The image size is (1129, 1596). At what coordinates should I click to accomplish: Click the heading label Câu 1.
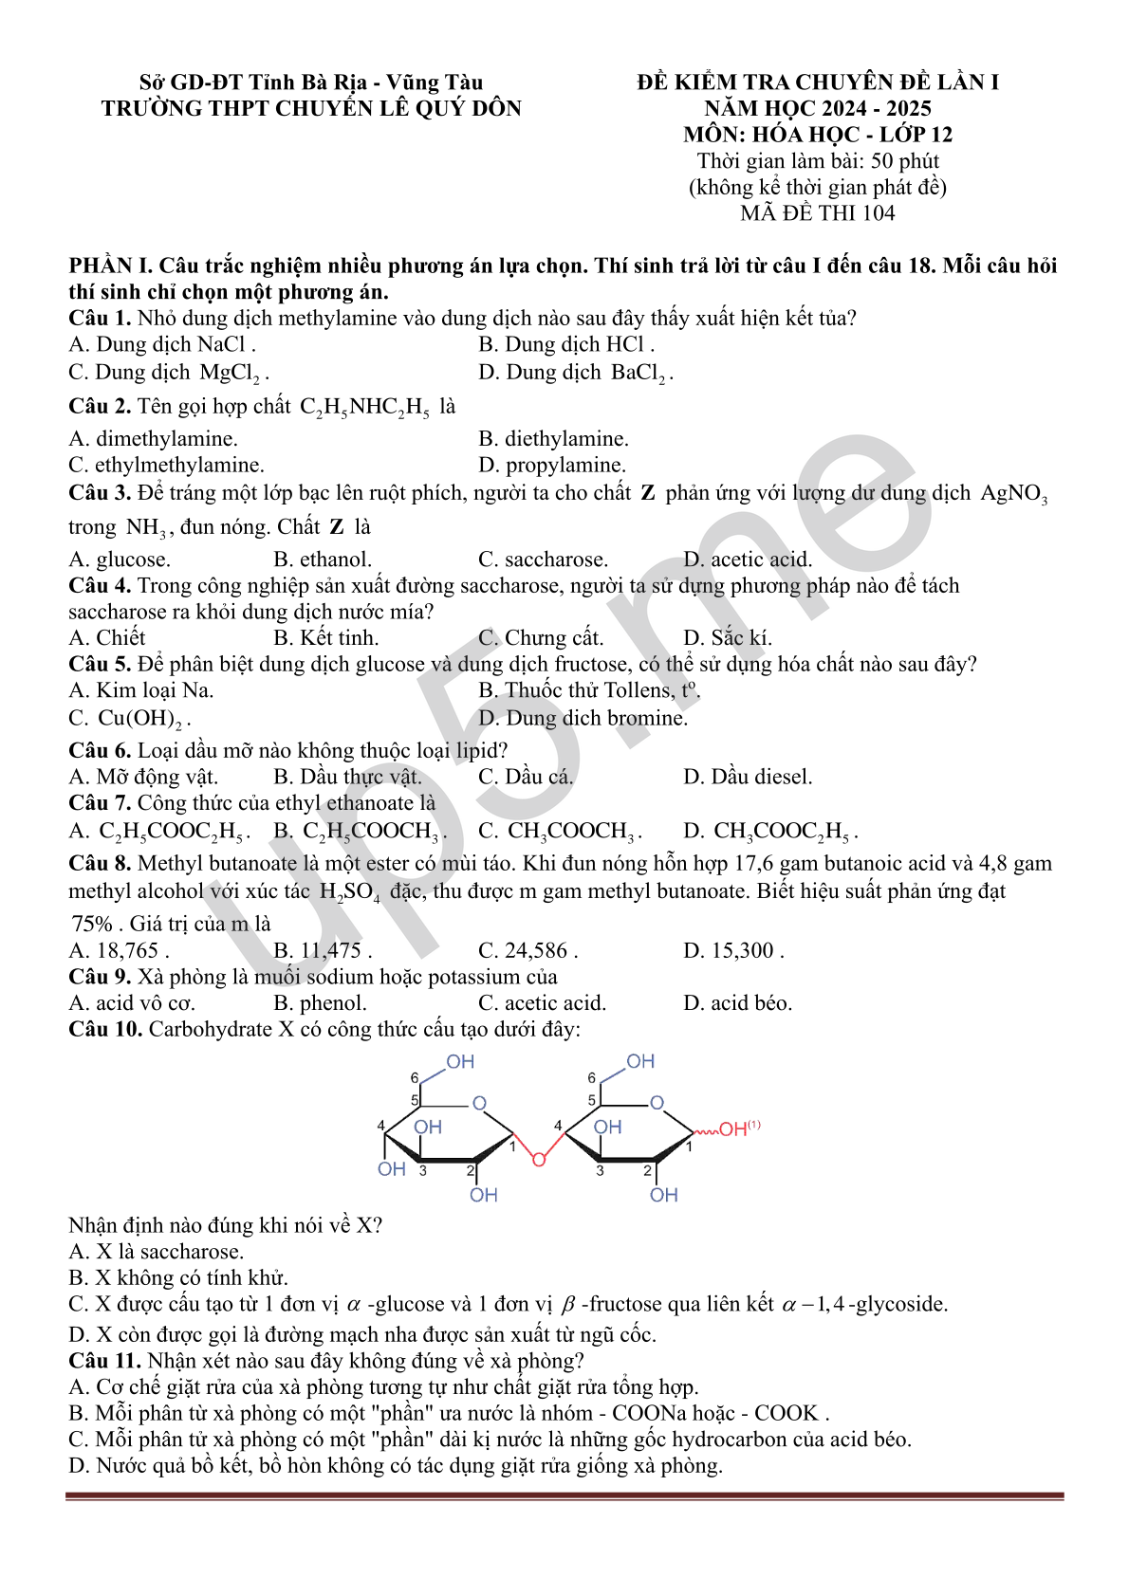tap(99, 318)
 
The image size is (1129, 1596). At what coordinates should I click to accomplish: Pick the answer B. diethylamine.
tap(553, 438)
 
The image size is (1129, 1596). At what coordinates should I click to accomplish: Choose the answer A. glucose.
tap(120, 560)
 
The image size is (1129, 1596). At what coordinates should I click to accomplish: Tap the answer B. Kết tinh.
tap(325, 637)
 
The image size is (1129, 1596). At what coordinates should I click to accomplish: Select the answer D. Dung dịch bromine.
tap(583, 718)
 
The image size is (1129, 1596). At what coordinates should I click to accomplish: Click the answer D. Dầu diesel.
tap(748, 777)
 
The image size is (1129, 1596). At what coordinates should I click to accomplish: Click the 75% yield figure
tap(92, 924)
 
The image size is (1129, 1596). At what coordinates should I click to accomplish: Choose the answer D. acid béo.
tap(737, 1002)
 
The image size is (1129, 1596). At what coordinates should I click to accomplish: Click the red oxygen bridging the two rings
tap(539, 1159)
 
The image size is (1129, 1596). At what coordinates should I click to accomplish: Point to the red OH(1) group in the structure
tap(738, 1128)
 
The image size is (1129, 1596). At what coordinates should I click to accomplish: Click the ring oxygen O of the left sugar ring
tap(479, 1103)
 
